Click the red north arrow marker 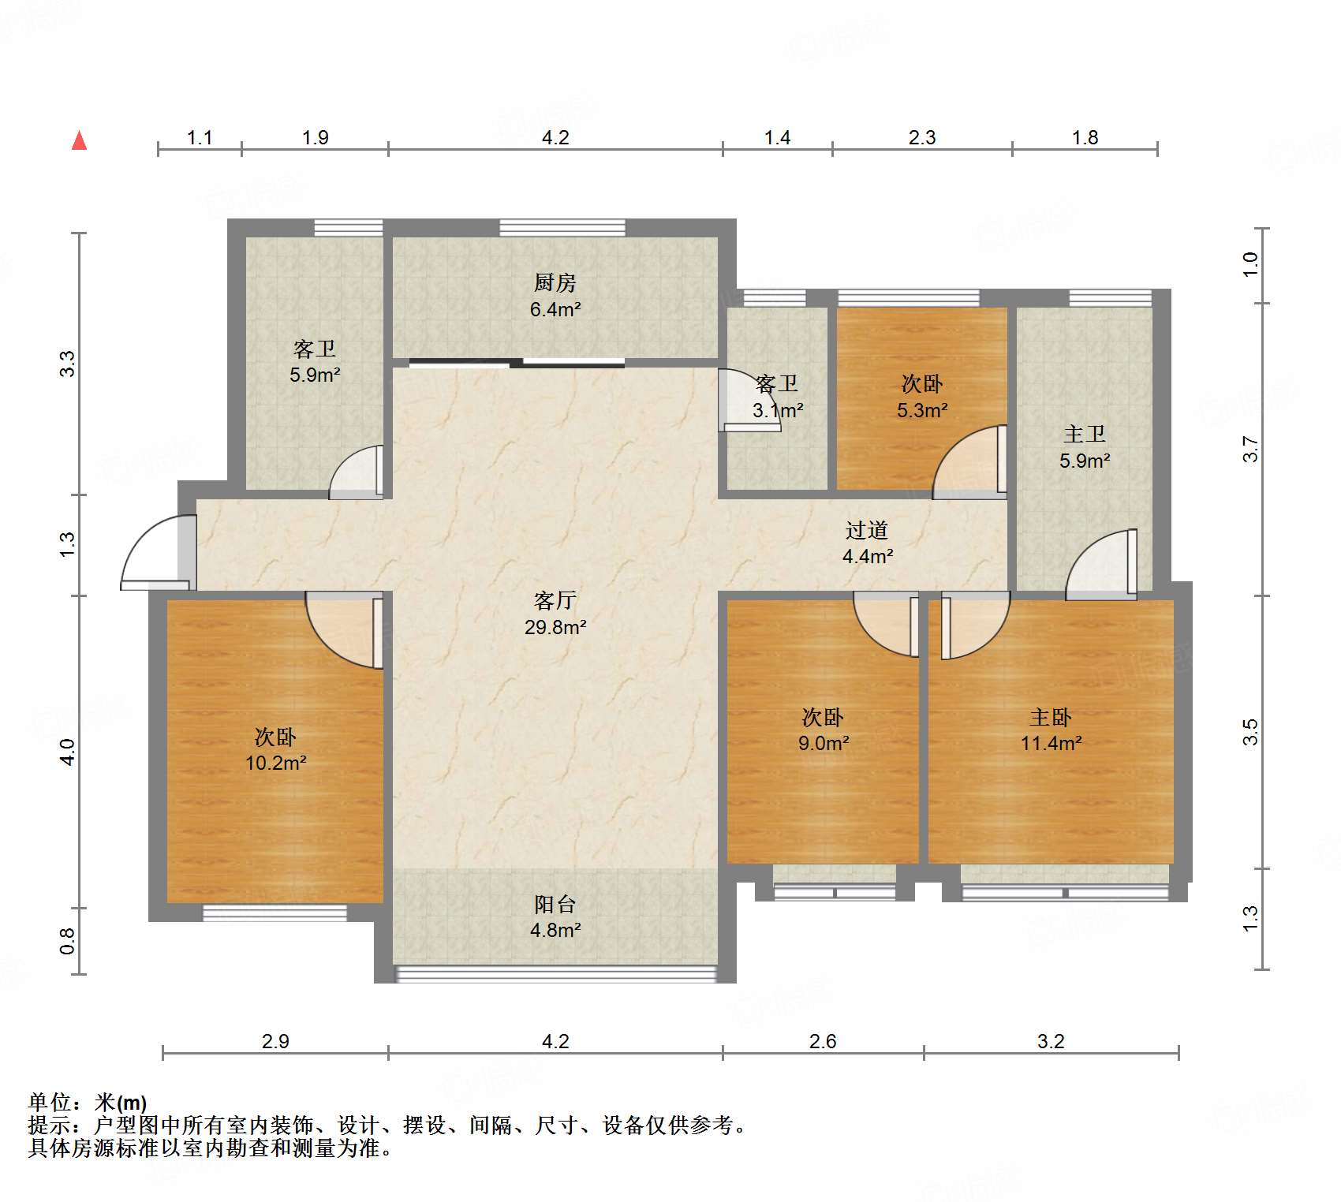[x=79, y=141]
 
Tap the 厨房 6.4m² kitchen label [x=555, y=296]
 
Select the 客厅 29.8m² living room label [x=555, y=614]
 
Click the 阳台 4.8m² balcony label [x=555, y=916]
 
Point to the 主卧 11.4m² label [x=1050, y=730]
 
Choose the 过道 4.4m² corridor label [x=867, y=543]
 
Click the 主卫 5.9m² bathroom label [x=1085, y=447]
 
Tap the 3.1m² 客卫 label [x=777, y=397]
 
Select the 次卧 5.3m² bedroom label [x=921, y=397]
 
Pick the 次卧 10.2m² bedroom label [x=275, y=749]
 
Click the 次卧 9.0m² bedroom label [x=823, y=730]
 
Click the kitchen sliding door [x=517, y=364]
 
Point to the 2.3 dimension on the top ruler [x=921, y=138]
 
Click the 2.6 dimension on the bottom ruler [x=822, y=1042]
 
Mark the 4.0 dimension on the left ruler [x=68, y=751]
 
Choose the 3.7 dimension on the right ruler [x=1250, y=450]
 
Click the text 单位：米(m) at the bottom [x=88, y=1102]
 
